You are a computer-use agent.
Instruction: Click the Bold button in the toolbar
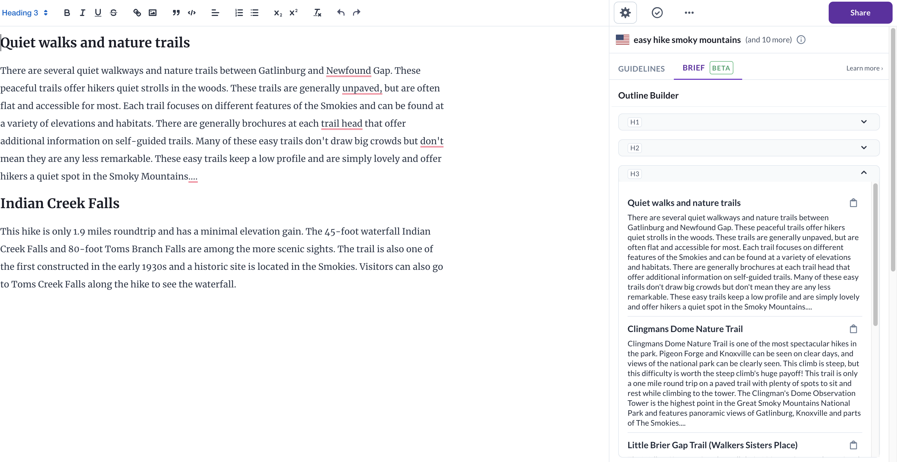(x=67, y=13)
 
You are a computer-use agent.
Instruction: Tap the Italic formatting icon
(x=83, y=13)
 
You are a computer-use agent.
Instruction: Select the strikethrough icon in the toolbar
(x=114, y=13)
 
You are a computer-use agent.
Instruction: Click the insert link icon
(x=137, y=13)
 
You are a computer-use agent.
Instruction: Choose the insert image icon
(x=153, y=13)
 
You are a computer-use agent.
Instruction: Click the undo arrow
(x=341, y=13)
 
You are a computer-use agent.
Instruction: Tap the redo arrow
(x=356, y=13)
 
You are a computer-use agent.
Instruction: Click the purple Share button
(x=860, y=13)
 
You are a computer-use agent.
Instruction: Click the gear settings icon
(x=625, y=13)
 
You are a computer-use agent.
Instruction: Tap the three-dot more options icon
(x=689, y=13)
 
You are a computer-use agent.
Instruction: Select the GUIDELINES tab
(x=641, y=69)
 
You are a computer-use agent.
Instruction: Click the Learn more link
(x=864, y=68)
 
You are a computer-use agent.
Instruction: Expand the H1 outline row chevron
(x=864, y=122)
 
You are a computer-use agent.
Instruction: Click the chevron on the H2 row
(x=864, y=148)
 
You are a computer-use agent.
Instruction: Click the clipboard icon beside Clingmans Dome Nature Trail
(x=853, y=329)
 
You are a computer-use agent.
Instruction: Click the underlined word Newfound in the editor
(x=348, y=71)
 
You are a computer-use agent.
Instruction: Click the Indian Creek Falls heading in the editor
(x=60, y=203)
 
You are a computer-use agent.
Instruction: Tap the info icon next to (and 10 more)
(x=801, y=40)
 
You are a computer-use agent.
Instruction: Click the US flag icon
(x=622, y=40)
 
